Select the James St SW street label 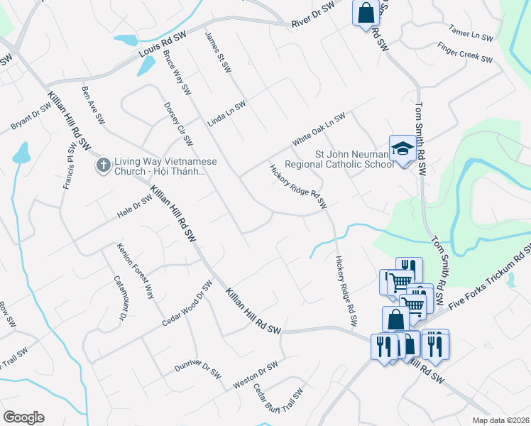(218, 52)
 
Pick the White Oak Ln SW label (319, 129)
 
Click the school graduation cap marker (403, 148)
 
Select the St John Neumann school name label (354, 159)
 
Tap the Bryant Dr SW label (31, 116)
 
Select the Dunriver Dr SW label (199, 370)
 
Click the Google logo (23, 417)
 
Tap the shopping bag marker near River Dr (366, 13)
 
